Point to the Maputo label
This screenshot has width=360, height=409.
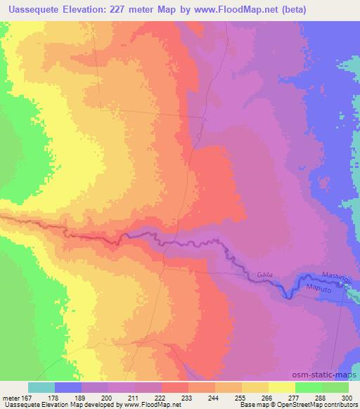pyautogui.click(x=318, y=287)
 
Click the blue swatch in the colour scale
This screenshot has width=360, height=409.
pyautogui.click(x=67, y=387)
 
